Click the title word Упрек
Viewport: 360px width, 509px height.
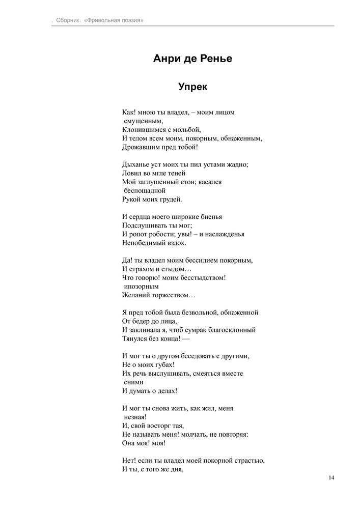[x=192, y=87]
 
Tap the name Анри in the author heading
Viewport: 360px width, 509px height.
[x=168, y=59]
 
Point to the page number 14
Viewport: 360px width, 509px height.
[x=331, y=477]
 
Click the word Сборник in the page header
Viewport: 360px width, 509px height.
[x=64, y=20]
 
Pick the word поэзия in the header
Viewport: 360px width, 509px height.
[x=129, y=20]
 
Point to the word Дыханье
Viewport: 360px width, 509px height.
[x=136, y=164]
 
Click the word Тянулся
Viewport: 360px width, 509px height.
[x=135, y=338]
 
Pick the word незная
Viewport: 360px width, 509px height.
[x=135, y=416]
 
